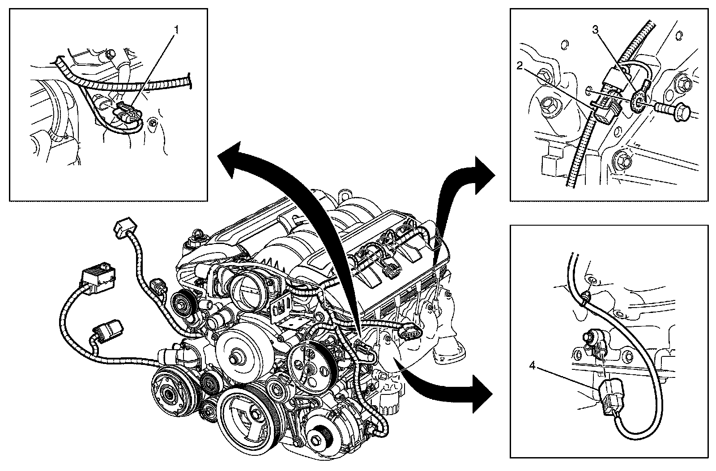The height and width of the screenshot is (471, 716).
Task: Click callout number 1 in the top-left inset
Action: [x=176, y=30]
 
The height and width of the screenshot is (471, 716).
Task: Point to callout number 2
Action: [x=519, y=67]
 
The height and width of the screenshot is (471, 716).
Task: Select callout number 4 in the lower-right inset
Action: [x=532, y=366]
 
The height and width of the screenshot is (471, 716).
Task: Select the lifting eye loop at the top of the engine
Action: [x=345, y=196]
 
